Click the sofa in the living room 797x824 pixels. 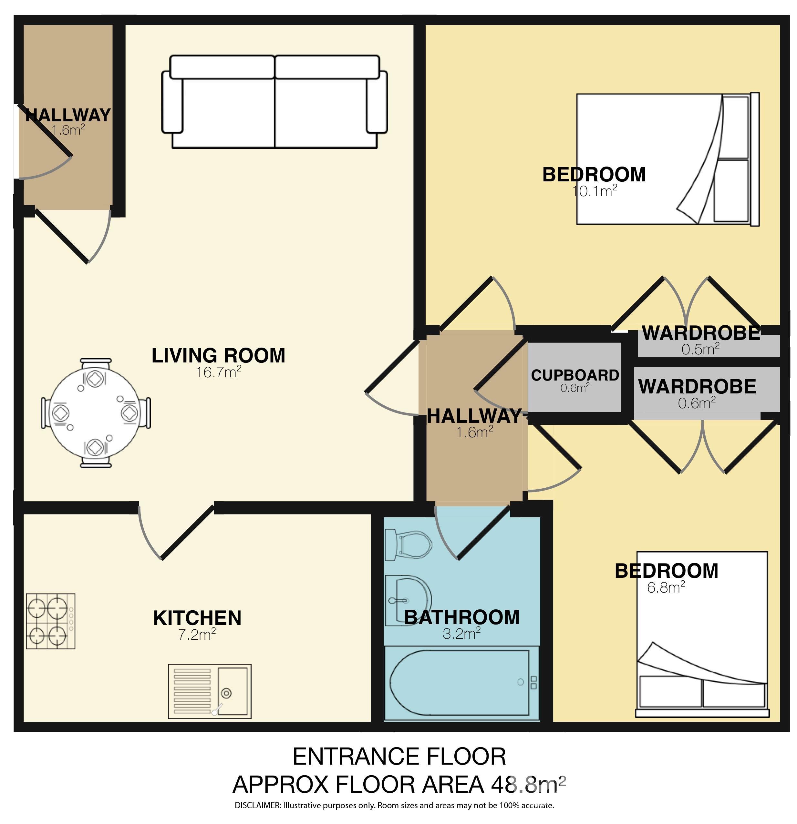(274, 101)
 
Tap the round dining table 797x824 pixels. (96, 413)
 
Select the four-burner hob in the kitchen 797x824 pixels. (50, 621)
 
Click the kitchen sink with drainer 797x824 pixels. (210, 692)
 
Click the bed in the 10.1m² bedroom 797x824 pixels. (668, 159)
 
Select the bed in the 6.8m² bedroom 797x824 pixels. (702, 635)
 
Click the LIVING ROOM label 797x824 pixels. (218, 356)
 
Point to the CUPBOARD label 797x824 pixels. (575, 375)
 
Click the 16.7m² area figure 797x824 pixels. (218, 371)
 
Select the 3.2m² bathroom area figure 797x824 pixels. (461, 634)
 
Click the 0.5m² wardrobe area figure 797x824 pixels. (700, 349)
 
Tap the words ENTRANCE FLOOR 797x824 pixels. (399, 757)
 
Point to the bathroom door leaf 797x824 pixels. (484, 533)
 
